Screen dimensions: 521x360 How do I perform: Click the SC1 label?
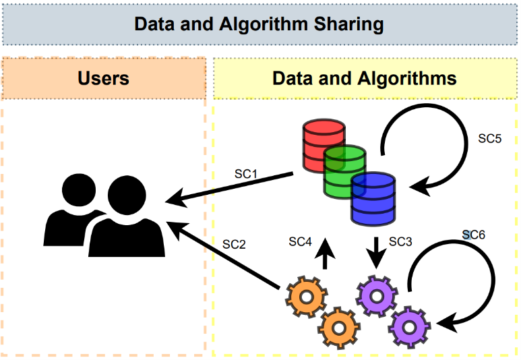(246, 173)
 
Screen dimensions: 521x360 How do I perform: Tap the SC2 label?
(234, 244)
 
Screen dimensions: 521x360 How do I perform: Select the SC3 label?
(400, 241)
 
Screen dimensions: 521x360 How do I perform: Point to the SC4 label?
(301, 241)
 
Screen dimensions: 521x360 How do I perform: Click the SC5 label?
(490, 138)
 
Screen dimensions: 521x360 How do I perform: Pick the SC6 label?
(474, 235)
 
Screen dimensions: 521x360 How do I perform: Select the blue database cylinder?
(373, 198)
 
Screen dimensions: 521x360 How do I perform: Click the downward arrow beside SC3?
(376, 253)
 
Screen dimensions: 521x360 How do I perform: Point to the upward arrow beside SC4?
(325, 253)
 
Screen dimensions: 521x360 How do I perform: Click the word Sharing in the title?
(349, 24)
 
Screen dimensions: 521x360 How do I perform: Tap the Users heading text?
(103, 78)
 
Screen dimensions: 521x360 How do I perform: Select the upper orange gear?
(307, 297)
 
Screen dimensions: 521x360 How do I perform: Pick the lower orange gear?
(338, 328)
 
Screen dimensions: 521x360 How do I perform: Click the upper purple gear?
(377, 296)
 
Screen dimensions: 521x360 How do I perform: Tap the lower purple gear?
(409, 328)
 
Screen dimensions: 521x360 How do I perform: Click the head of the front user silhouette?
(127, 195)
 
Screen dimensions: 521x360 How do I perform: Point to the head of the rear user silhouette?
(79, 190)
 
